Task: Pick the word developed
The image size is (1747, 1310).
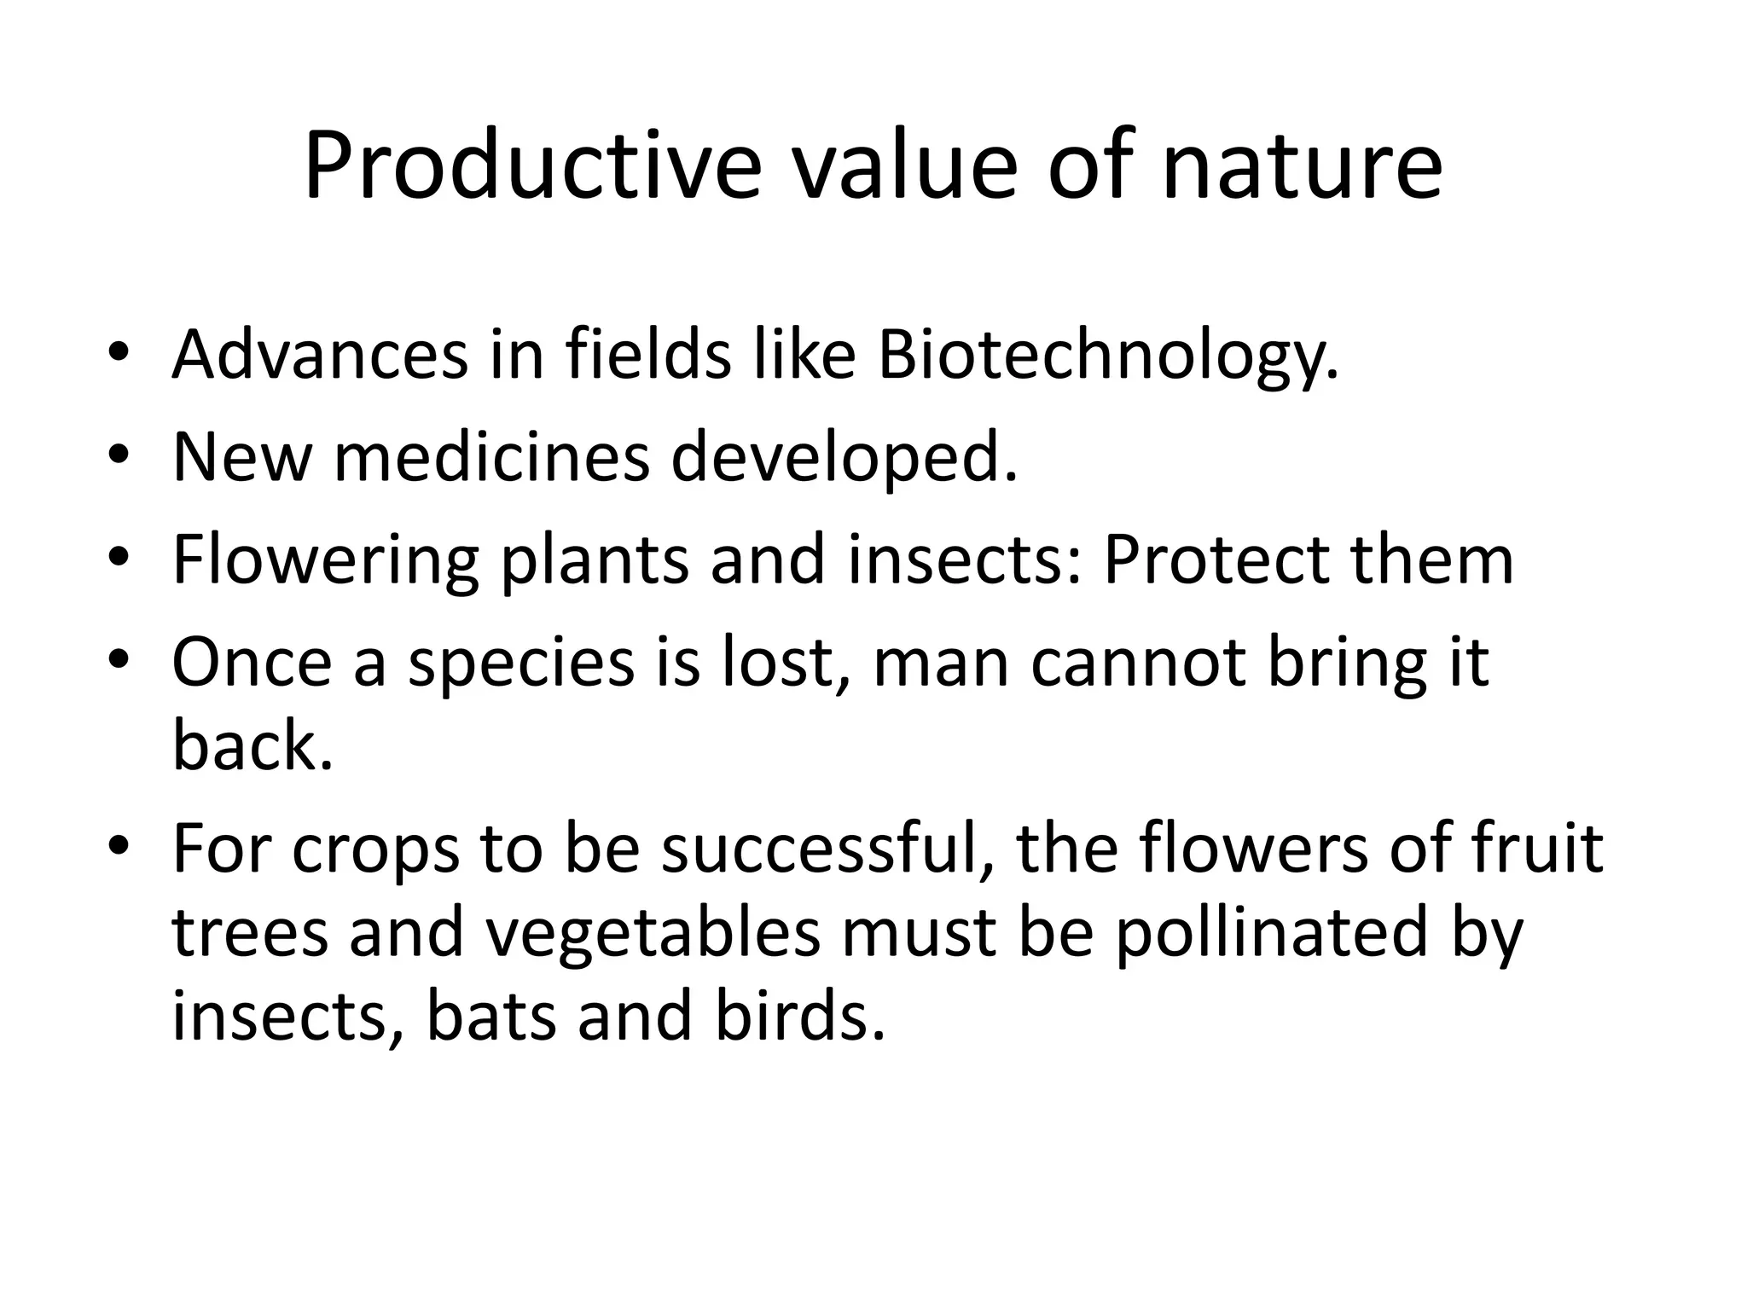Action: click(x=844, y=457)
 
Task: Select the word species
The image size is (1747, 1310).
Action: click(x=521, y=663)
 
